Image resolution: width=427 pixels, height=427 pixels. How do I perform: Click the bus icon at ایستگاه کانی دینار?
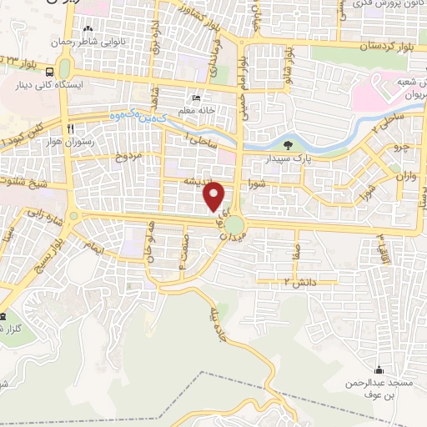pyautogui.click(x=51, y=72)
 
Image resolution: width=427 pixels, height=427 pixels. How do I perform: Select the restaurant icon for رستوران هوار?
pyautogui.click(x=73, y=128)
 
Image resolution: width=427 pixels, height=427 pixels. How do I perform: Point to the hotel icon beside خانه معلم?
pyautogui.click(x=195, y=95)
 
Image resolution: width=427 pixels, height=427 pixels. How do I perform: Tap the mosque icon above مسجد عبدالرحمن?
pyautogui.click(x=379, y=370)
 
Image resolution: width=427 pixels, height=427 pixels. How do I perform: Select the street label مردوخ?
pyautogui.click(x=128, y=157)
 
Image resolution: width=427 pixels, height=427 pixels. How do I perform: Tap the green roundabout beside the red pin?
pyautogui.click(x=235, y=224)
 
